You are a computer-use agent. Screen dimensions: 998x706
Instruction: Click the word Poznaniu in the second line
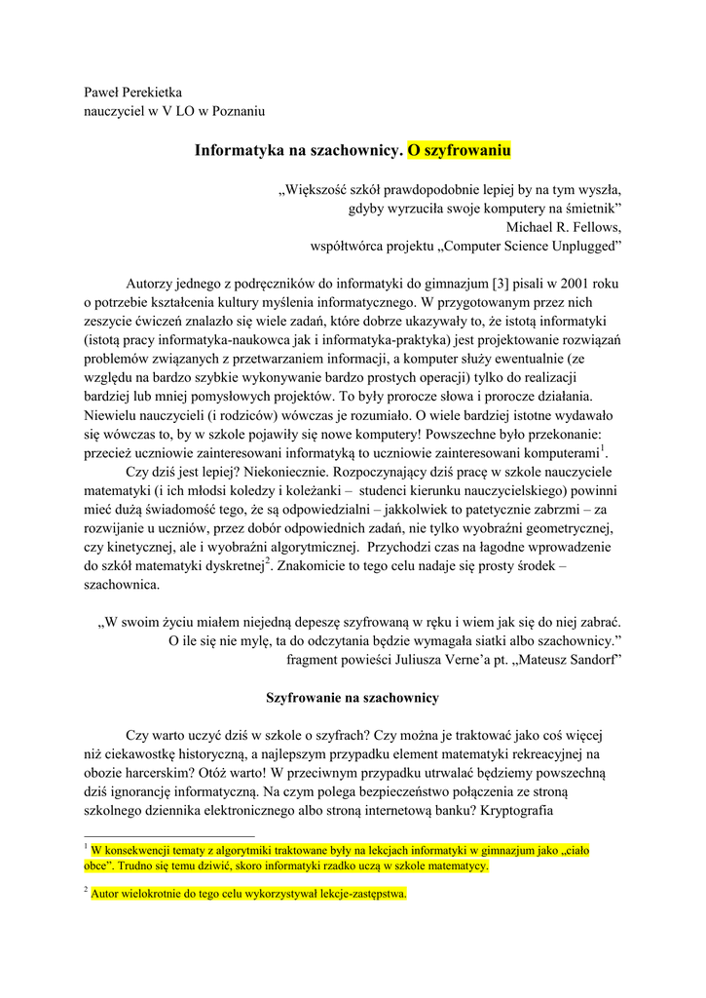236,111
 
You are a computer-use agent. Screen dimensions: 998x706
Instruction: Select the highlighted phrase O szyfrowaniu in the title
459,151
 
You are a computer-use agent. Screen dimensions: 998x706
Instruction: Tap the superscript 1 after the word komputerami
604,447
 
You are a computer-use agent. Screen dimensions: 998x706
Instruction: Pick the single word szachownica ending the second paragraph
120,585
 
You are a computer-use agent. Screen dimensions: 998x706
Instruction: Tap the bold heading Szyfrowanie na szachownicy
353,698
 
